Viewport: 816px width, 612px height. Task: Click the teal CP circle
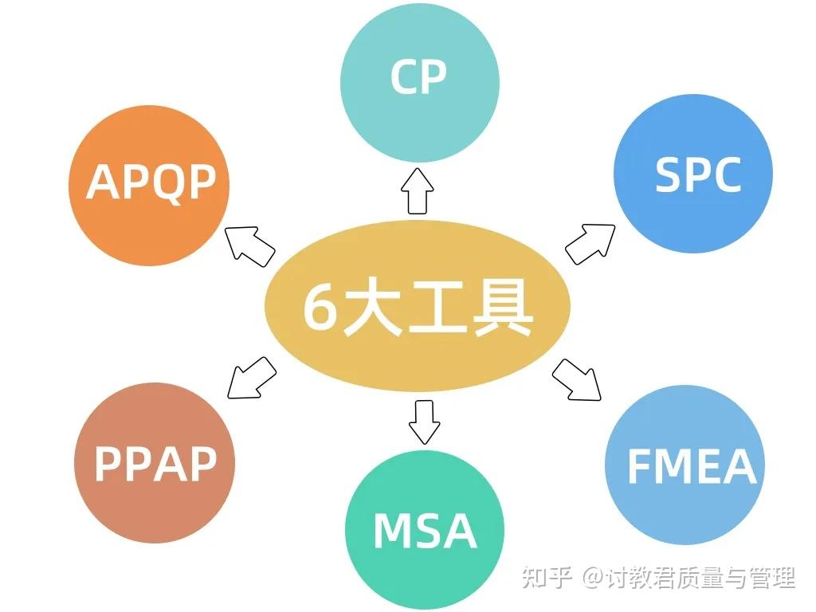tap(419, 82)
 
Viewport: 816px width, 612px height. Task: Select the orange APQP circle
tap(149, 185)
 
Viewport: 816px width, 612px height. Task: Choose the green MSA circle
tap(425, 531)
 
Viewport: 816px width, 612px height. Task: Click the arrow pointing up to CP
tap(418, 190)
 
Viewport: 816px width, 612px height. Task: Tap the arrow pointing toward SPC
tap(590, 243)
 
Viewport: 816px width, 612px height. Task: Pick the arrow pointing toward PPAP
tap(251, 378)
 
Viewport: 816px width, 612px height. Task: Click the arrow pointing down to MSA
tap(424, 421)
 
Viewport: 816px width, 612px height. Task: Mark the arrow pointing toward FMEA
tap(577, 379)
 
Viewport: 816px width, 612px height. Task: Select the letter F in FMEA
tap(639, 467)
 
